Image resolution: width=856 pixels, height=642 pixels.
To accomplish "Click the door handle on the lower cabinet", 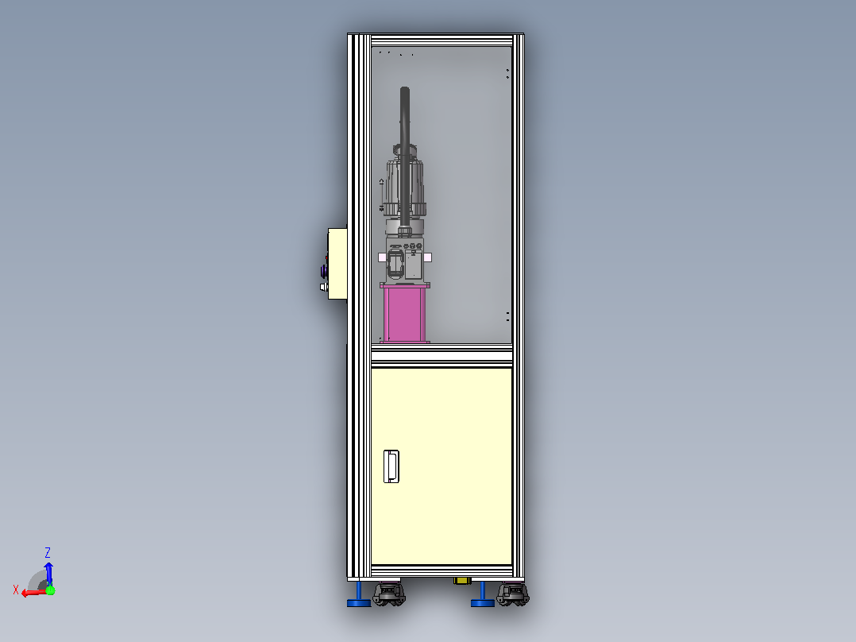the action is (x=391, y=466).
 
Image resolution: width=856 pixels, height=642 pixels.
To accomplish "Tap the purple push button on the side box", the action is (x=324, y=270).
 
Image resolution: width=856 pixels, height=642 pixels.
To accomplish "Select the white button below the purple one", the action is (x=323, y=287).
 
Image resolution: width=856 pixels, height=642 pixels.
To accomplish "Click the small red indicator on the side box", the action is (x=327, y=257).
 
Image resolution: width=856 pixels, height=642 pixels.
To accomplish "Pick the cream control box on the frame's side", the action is (x=337, y=264).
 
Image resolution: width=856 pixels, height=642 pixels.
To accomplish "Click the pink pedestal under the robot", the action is (x=404, y=313).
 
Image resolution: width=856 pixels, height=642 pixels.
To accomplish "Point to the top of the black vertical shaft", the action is (x=404, y=88).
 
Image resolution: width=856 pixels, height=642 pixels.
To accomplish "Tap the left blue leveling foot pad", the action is (x=359, y=602).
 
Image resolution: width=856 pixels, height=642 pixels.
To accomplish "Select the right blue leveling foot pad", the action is (x=483, y=602).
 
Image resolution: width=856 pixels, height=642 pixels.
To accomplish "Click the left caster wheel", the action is (x=389, y=594).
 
